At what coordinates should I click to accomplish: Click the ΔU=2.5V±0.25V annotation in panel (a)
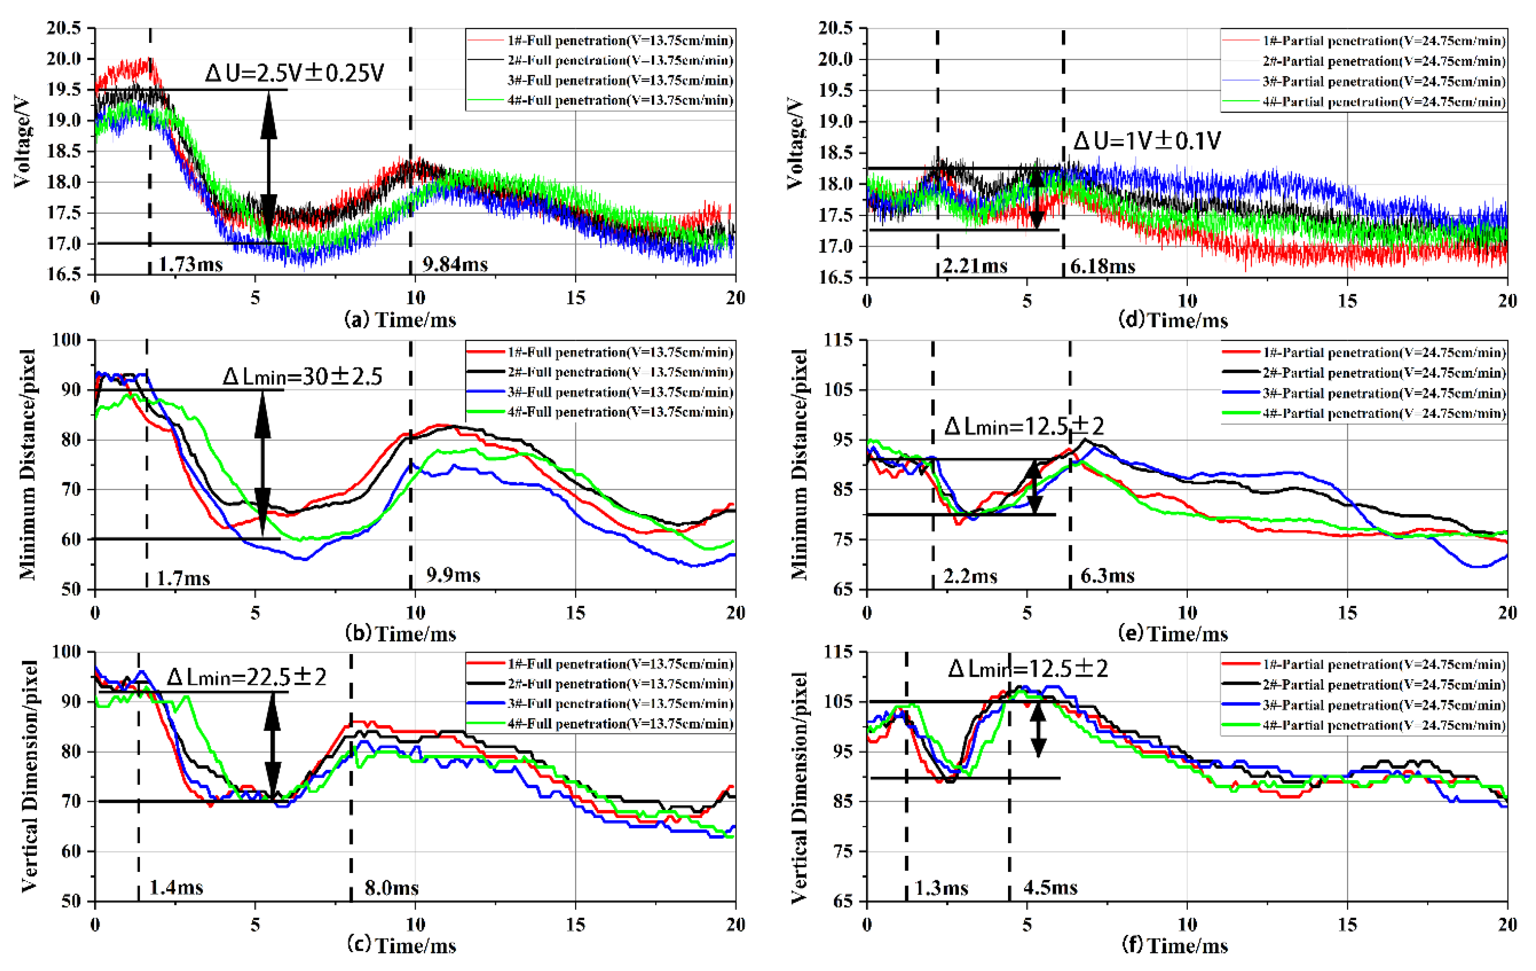pyautogui.click(x=295, y=73)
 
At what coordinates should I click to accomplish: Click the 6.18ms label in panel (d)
pyautogui.click(x=1102, y=266)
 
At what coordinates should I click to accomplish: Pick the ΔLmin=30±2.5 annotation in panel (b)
pyautogui.click(x=302, y=376)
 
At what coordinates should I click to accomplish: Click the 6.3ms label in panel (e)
pyautogui.click(x=1107, y=576)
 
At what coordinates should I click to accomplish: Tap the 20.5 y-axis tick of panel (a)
pyautogui.click(x=64, y=28)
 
